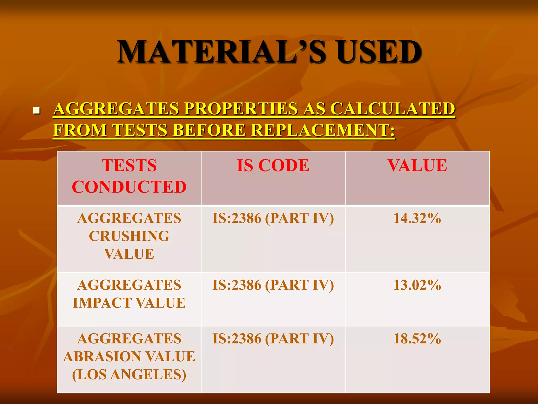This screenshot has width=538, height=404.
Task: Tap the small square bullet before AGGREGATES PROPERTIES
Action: click(36, 110)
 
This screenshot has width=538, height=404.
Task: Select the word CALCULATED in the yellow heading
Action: click(392, 109)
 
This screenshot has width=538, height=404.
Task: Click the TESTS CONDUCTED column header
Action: click(129, 176)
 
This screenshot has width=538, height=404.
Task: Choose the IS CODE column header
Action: click(273, 166)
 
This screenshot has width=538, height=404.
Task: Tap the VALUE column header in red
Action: click(417, 166)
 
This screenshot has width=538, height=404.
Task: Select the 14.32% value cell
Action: click(417, 218)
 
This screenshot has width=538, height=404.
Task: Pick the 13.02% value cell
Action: click(417, 285)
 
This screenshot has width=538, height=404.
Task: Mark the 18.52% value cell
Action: click(417, 339)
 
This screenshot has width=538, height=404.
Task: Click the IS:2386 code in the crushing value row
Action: click(273, 218)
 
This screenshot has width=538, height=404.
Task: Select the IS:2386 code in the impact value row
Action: click(273, 285)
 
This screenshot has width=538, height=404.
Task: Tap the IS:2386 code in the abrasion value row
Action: click(273, 339)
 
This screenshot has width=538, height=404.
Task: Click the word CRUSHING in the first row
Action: click(129, 236)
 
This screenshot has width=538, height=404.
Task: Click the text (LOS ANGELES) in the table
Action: click(129, 375)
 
